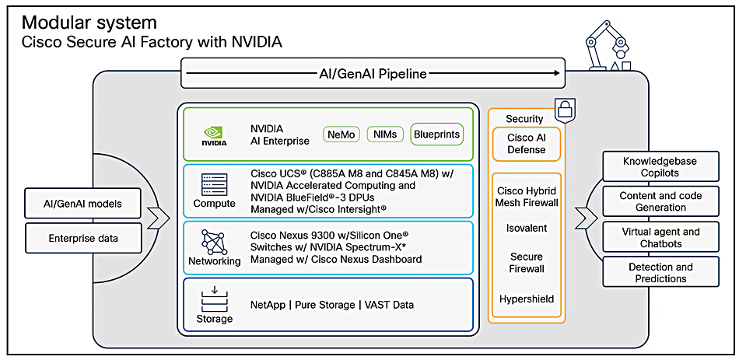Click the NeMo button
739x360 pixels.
pos(341,135)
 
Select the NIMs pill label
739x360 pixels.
pos(384,135)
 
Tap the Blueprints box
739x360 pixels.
pos(436,135)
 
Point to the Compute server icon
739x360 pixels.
pos(214,183)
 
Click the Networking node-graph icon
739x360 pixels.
pos(214,241)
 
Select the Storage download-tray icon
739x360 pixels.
pos(214,298)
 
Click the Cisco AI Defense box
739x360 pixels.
pos(526,144)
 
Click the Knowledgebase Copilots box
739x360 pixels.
pos(660,167)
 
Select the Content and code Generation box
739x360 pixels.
pos(660,202)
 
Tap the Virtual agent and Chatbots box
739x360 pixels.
pos(660,237)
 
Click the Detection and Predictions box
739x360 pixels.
pos(660,273)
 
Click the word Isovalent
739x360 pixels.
pos(526,229)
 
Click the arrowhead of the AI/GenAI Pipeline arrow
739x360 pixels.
pos(556,75)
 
